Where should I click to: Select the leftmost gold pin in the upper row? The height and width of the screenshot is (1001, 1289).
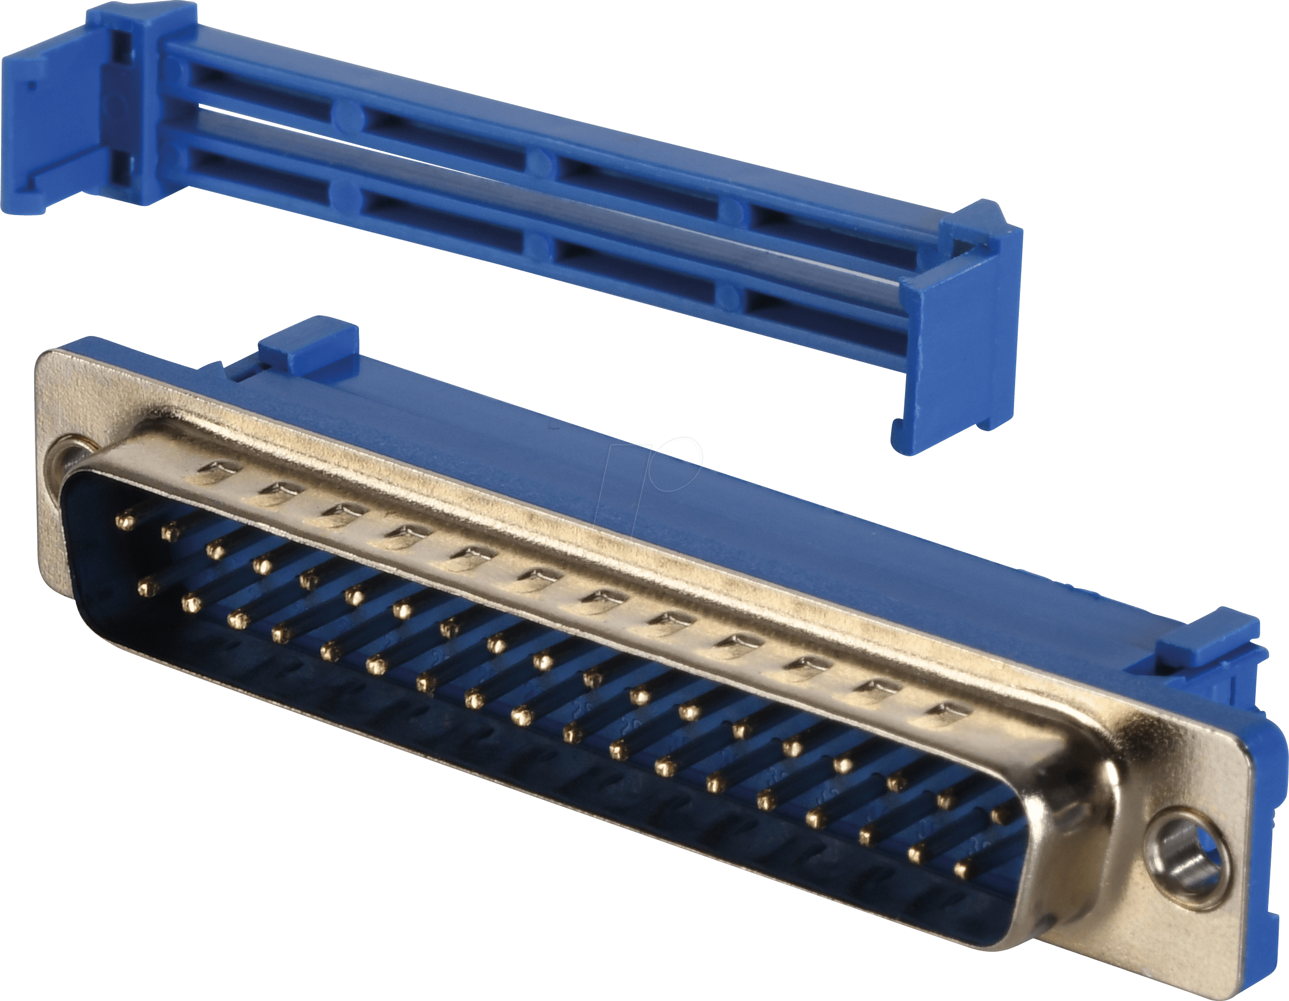pos(125,521)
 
